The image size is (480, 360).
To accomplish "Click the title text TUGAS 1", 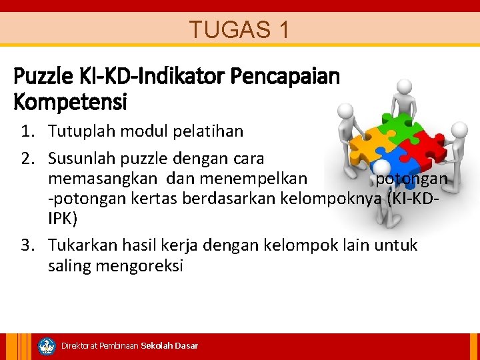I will coord(239,29).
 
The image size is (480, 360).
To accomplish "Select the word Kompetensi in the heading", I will coord(71,103).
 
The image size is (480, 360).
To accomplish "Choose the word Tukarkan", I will coord(82,245).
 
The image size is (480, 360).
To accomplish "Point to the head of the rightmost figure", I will coord(459,129).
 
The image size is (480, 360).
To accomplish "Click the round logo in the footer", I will coord(47,346).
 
